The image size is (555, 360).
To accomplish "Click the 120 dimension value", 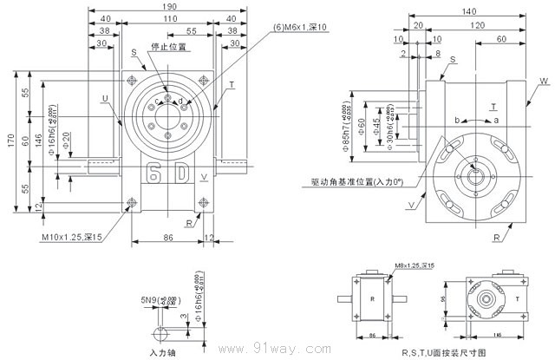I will [478, 27].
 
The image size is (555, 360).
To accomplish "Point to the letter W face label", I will [543, 81].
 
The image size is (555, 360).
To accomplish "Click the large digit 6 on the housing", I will [154, 171].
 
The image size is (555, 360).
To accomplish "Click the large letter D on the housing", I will [182, 171].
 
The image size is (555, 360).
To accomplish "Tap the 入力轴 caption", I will [163, 353].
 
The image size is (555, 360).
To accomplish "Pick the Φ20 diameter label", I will [66, 139].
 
